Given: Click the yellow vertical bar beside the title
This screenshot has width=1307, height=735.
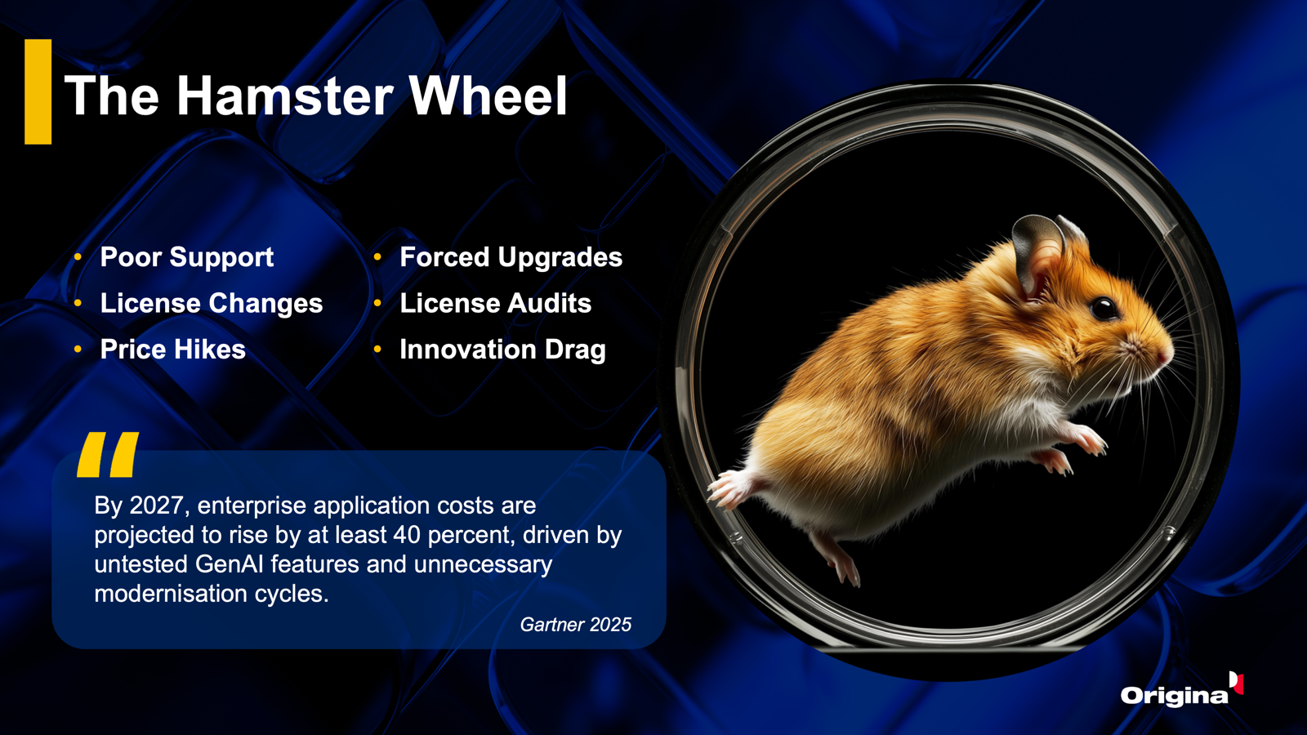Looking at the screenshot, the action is [x=38, y=91].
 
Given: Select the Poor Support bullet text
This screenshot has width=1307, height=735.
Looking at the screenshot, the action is [x=187, y=257].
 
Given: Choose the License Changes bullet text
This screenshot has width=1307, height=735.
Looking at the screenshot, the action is [x=212, y=303].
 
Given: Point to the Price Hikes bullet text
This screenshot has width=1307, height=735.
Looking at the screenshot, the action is [x=172, y=350].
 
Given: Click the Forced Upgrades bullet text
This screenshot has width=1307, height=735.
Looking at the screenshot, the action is [x=511, y=257].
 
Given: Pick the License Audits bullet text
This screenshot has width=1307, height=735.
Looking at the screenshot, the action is [x=495, y=303].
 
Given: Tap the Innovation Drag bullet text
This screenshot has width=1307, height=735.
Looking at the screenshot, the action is [x=502, y=350].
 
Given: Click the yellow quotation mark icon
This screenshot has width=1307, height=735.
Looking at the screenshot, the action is [x=108, y=454].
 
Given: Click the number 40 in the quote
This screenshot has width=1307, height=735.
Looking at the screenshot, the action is [x=407, y=535].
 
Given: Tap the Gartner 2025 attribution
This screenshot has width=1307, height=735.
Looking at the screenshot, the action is [x=575, y=625].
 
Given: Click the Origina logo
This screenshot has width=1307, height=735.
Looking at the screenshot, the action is [x=1181, y=691].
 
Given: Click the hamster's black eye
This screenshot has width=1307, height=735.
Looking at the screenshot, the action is [x=1104, y=307].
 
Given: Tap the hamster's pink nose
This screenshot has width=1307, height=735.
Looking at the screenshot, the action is [x=1165, y=354].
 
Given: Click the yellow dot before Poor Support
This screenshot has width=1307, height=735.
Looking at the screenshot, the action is [x=78, y=257].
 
